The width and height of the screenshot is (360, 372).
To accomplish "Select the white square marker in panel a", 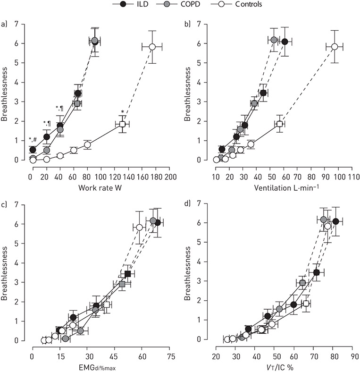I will click(x=122, y=124).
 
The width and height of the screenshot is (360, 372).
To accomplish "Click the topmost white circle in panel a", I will click(x=152, y=47).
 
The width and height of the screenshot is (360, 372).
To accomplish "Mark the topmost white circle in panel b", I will click(x=335, y=47).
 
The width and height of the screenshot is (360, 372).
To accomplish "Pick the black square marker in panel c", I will click(x=127, y=274).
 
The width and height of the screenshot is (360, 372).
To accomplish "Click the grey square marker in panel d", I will click(x=302, y=283).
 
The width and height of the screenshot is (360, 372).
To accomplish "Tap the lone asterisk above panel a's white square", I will click(x=122, y=112).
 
